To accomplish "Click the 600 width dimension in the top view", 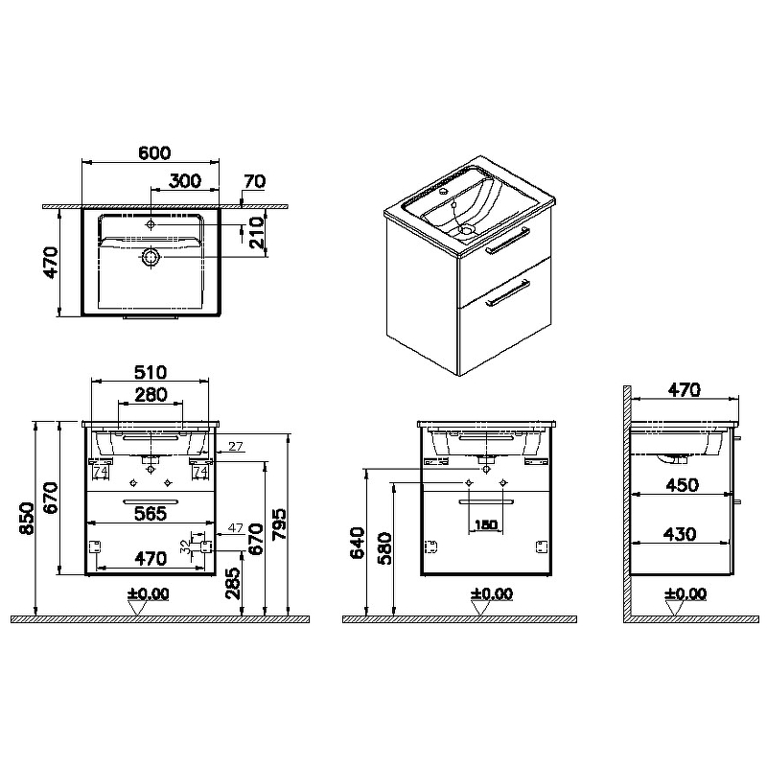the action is point(154,153).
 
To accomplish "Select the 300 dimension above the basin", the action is point(185,181).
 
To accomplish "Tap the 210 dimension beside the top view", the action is point(256,232).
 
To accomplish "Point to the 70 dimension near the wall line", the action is point(254,181).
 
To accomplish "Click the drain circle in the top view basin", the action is point(151,256).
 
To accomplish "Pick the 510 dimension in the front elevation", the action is point(151,373).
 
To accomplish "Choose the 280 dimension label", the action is point(151,395).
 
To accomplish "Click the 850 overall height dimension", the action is point(28,519).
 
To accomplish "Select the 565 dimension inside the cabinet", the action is point(151,514).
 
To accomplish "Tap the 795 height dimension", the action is point(280,524).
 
